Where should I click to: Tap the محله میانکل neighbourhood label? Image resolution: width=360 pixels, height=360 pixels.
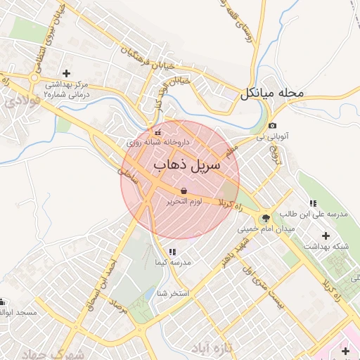272,93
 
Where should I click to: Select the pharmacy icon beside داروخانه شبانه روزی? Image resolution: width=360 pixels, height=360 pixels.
157,131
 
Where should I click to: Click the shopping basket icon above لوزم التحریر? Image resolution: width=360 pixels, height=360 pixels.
184,191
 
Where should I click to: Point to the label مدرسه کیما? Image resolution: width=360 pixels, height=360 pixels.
173,262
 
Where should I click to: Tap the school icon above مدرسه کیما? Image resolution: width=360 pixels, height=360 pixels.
172,252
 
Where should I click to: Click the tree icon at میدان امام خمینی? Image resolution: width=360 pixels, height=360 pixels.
265,218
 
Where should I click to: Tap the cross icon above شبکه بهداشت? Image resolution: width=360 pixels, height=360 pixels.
325,236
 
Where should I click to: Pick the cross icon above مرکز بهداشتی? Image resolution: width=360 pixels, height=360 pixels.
67,73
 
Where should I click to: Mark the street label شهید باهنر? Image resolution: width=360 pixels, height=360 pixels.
233,252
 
